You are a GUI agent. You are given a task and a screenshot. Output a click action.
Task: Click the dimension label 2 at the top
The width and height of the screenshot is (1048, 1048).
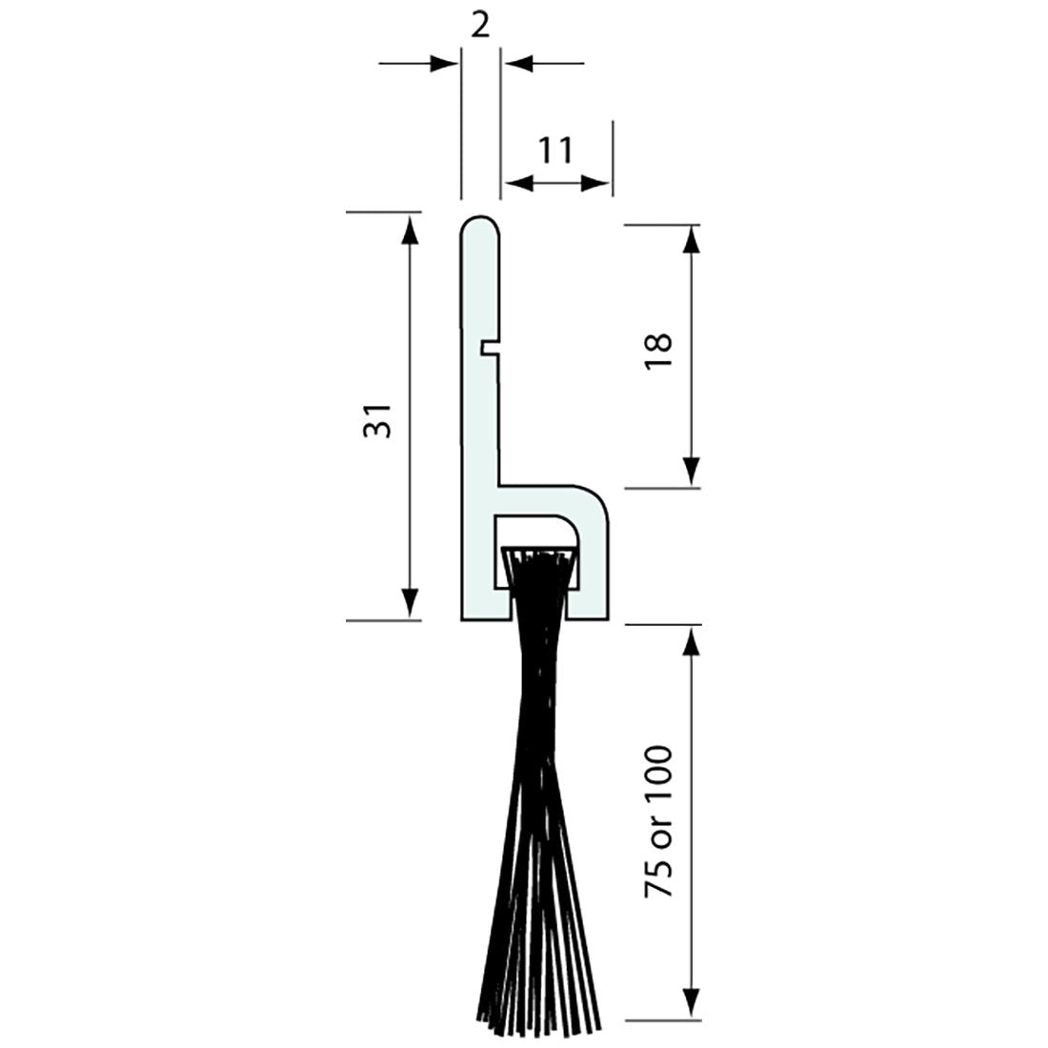pos(480,26)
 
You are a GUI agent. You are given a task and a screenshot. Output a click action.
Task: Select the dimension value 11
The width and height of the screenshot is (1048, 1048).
pos(554,150)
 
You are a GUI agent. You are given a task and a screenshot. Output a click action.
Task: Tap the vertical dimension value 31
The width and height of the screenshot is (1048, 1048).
pos(377,419)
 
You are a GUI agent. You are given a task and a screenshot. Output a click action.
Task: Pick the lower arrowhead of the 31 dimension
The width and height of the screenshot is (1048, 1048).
pos(410,604)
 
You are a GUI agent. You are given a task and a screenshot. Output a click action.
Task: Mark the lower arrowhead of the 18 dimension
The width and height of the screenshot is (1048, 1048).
pos(693,473)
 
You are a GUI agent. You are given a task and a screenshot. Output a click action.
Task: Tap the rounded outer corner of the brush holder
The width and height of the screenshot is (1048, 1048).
pos(598,498)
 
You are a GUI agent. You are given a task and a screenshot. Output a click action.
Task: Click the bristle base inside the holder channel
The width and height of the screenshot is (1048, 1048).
pos(539,554)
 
